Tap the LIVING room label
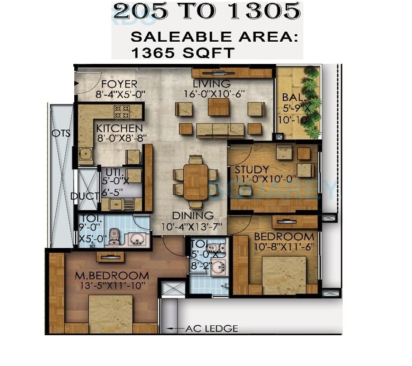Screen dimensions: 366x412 (211, 84)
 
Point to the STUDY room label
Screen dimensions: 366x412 (252, 170)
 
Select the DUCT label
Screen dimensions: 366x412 (84, 196)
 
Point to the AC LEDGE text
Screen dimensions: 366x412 (211, 329)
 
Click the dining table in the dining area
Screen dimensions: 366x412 (196, 181)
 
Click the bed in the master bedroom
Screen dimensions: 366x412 (110, 315)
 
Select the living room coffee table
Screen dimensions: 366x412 (218, 107)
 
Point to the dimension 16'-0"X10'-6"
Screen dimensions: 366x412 (211, 94)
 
